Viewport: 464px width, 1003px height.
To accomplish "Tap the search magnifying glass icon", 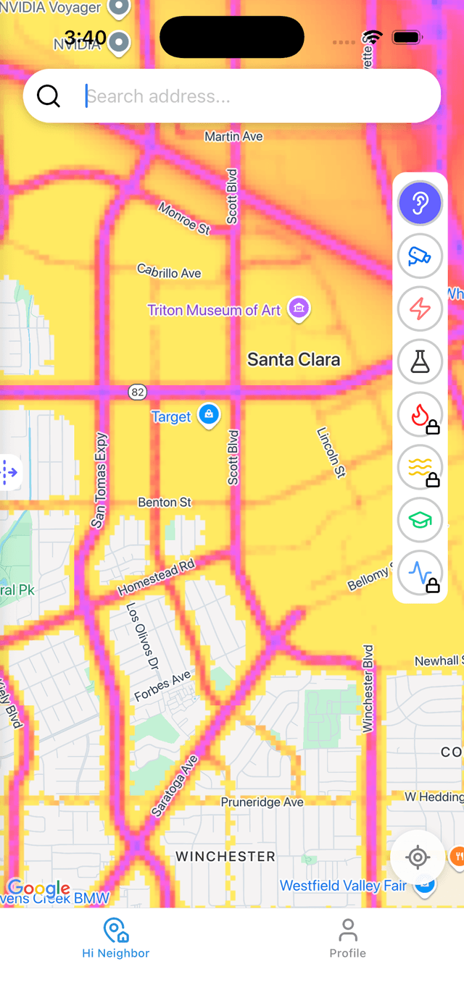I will pos(49,96).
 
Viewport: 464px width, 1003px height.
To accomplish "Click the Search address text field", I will pos(254,96).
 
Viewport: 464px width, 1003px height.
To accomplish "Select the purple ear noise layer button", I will pos(420,203).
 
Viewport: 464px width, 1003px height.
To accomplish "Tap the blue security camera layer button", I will pos(420,256).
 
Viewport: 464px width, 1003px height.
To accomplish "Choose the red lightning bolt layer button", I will pos(420,309).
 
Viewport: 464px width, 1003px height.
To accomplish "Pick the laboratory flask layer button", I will pos(420,361).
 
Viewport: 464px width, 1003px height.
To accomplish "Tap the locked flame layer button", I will pos(420,414).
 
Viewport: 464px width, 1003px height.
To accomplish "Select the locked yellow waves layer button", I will pos(420,467).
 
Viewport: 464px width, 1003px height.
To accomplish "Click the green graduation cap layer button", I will pos(420,520).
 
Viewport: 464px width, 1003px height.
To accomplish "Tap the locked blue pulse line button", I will pos(420,573).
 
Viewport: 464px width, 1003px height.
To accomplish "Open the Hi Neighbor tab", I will pos(116,939).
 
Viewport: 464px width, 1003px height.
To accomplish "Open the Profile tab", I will pos(348,939).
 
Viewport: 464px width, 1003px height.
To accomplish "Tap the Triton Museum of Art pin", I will pos(299,309).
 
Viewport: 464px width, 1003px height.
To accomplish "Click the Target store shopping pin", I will pos(209,415).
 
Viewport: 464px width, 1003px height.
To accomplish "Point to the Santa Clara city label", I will pos(294,359).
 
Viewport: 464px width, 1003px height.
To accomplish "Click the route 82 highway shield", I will pos(137,392).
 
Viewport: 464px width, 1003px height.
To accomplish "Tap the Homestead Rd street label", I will pos(157,576).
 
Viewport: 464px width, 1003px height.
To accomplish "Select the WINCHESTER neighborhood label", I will pos(225,856).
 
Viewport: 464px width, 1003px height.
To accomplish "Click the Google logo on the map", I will pos(39,888).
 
